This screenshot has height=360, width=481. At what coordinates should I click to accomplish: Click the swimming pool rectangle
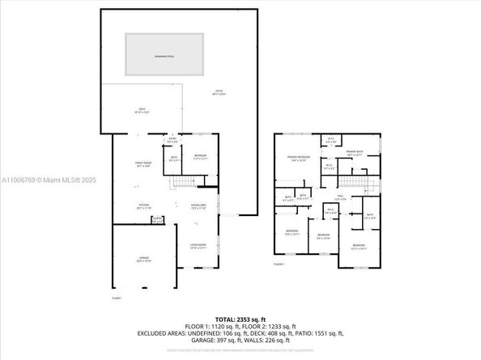click(164, 55)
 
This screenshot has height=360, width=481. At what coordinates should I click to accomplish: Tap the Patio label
click(219, 92)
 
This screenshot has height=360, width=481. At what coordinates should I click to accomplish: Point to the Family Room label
click(143, 163)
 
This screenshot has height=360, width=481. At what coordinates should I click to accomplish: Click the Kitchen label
click(143, 206)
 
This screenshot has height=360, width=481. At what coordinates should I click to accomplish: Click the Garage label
click(143, 260)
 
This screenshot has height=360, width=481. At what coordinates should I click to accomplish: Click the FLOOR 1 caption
click(117, 299)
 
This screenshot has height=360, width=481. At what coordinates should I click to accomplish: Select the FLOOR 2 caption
click(279, 265)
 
